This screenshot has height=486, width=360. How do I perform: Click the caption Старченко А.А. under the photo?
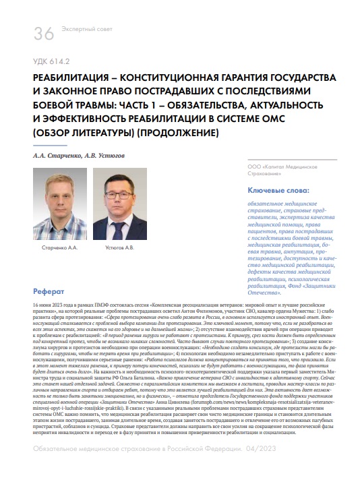[59, 247]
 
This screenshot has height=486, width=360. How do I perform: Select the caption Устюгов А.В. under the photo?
[120, 247]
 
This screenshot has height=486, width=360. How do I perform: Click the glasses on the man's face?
[120, 195]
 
